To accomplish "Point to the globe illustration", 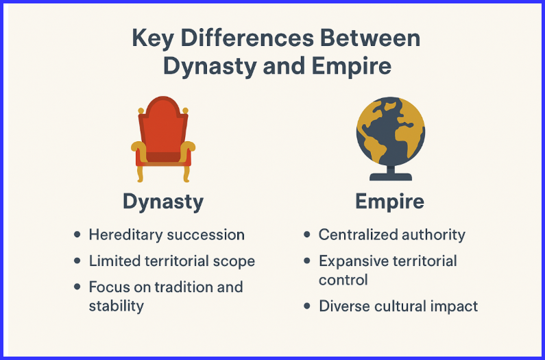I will coord(390,130).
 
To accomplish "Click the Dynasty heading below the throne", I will coord(163,202).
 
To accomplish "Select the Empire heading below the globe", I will coord(389,202).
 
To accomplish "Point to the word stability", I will coord(116,305).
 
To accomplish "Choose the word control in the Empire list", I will coord(343,280).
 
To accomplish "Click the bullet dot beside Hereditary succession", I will coord(77,235).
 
